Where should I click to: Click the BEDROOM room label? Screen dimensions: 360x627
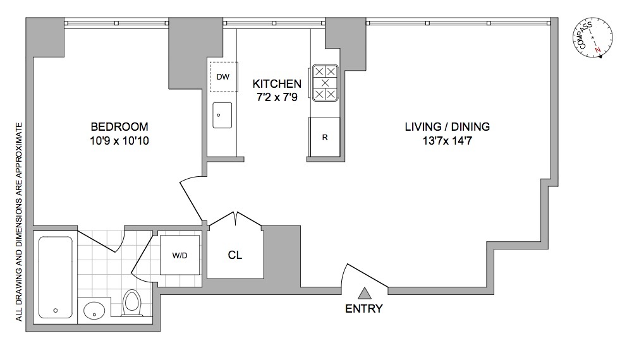pos(119,126)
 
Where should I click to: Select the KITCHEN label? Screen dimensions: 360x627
pos(277,83)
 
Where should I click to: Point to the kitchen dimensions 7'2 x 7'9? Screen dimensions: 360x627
pos(277,98)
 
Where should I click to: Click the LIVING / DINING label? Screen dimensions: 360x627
pos(447,126)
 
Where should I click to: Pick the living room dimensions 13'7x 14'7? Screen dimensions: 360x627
pos(447,141)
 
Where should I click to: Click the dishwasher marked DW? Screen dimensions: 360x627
pos(222,77)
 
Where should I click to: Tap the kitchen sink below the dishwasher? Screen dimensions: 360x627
pos(222,116)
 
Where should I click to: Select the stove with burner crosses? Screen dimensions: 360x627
pos(325,83)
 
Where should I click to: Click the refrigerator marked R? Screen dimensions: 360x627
pos(325,137)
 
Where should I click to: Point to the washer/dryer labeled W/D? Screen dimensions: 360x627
pos(180,256)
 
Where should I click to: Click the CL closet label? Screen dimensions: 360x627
pos(235,256)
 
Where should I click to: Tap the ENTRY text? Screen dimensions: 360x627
pos(364,309)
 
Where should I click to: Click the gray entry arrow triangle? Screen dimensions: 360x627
pos(364,292)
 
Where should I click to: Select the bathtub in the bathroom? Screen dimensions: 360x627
pos(56,277)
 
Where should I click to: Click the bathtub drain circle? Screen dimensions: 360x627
pos(56,310)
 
